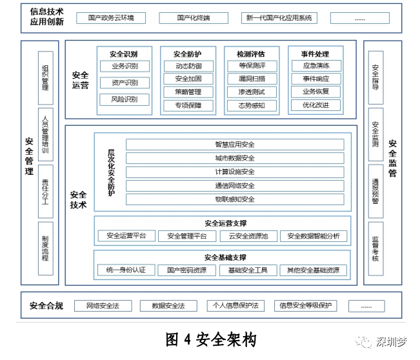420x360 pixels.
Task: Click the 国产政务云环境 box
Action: tap(111, 18)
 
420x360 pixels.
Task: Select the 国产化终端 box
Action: tap(194, 18)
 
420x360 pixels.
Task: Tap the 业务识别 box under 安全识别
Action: tap(125, 66)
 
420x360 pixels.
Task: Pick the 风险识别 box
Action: tap(125, 99)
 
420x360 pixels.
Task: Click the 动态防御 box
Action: tap(188, 66)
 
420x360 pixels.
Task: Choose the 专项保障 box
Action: tap(188, 106)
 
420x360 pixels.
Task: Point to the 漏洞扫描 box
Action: tap(252, 79)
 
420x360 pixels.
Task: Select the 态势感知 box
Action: tap(252, 106)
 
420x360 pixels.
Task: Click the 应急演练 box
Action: tap(316, 66)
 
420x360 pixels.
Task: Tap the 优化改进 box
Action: tap(315, 105)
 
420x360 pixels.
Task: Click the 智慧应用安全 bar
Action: tap(235, 145)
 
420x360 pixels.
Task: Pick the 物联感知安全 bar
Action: tap(235, 199)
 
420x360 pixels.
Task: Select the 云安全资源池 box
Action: tap(248, 236)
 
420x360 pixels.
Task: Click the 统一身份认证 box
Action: tap(126, 270)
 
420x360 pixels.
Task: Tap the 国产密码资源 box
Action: tap(186, 270)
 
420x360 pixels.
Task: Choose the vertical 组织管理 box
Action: tap(46, 77)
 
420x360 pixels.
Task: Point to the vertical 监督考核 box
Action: tap(375, 248)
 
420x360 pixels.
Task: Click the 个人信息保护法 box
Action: tap(235, 306)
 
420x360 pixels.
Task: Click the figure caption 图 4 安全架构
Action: tap(211, 339)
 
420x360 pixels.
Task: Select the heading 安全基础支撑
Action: tap(225, 257)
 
